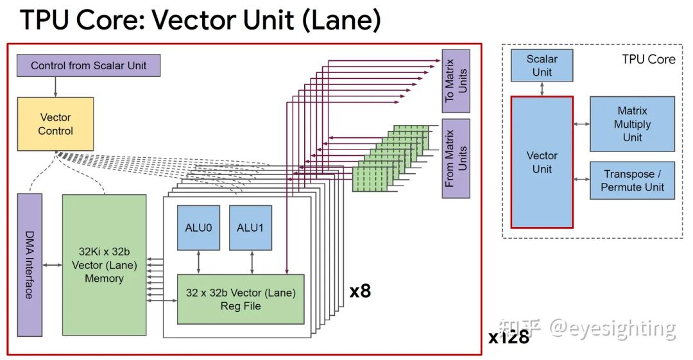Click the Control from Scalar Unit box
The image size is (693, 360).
click(89, 65)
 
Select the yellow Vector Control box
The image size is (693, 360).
click(56, 124)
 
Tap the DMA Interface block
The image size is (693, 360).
click(30, 265)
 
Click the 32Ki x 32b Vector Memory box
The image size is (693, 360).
click(104, 264)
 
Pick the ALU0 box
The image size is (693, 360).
click(198, 228)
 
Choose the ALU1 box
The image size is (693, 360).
click(250, 228)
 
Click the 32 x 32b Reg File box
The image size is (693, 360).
click(241, 300)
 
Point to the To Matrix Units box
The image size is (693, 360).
click(456, 81)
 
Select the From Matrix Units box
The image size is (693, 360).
click(456, 158)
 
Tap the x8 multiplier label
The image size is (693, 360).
click(360, 291)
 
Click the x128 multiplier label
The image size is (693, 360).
click(508, 337)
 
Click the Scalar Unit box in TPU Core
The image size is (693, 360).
click(542, 65)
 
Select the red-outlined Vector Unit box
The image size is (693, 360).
click(542, 162)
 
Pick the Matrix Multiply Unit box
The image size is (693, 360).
click(632, 124)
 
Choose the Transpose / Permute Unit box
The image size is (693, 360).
click(632, 180)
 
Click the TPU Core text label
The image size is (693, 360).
click(648, 59)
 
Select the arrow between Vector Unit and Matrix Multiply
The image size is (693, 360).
click(581, 124)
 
